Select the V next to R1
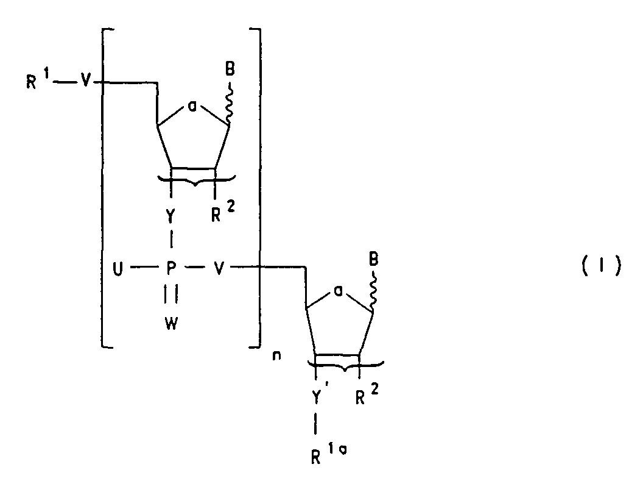(85, 81)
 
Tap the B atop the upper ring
(230, 69)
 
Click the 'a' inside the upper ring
(192, 107)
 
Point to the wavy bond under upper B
(229, 102)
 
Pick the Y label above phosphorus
(171, 216)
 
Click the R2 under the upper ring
(223, 212)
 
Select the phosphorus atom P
(172, 268)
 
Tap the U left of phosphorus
(118, 269)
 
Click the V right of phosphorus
(219, 269)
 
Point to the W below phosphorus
(172, 324)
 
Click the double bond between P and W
(171, 295)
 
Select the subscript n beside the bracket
(277, 355)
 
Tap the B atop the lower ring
(374, 259)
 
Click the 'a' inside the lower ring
(339, 291)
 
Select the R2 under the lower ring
(367, 394)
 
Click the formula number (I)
(601, 268)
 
